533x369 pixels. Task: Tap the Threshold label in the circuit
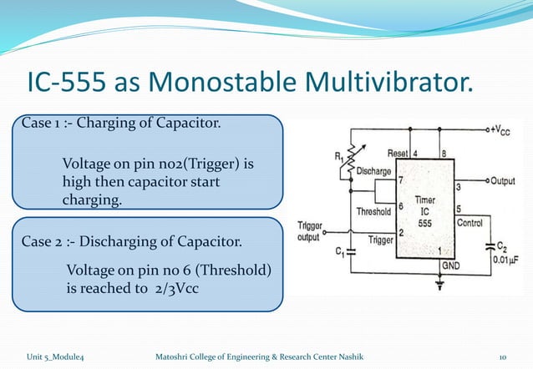pos(373,211)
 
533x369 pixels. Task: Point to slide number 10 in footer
pos(502,357)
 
